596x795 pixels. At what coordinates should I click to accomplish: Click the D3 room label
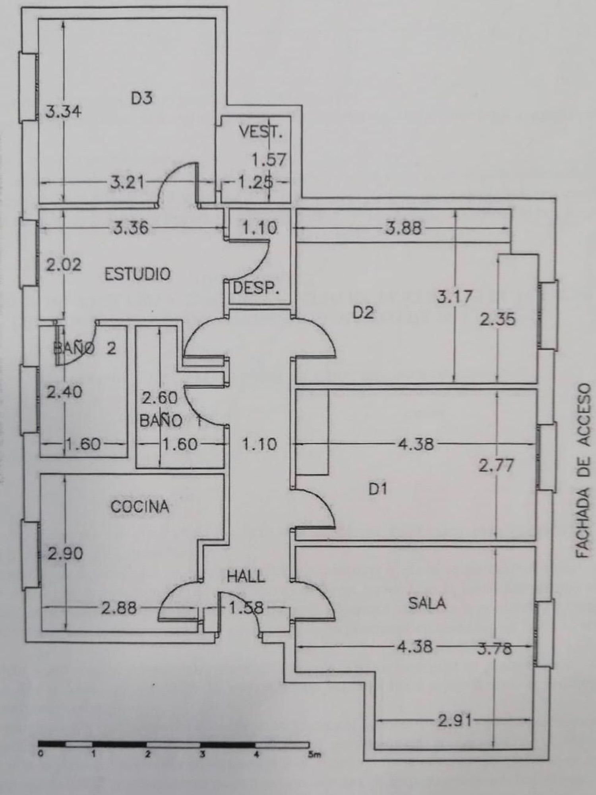(x=141, y=98)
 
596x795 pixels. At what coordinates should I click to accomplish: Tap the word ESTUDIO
(x=137, y=274)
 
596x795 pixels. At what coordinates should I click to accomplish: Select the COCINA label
(x=139, y=507)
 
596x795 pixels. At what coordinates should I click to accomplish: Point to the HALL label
(x=246, y=576)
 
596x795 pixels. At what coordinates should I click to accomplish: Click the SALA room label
(x=427, y=604)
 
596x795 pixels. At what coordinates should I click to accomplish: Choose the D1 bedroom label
(x=377, y=489)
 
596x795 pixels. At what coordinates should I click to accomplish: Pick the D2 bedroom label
(x=363, y=313)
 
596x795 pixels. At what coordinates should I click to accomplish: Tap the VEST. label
(x=261, y=132)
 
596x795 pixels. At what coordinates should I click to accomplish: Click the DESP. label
(x=256, y=288)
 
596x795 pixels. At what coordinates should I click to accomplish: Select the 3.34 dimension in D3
(x=63, y=111)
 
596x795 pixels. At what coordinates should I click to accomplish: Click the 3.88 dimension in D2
(x=403, y=228)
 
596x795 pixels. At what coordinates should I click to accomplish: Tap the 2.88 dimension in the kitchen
(x=119, y=608)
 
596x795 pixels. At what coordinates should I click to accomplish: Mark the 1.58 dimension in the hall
(x=246, y=608)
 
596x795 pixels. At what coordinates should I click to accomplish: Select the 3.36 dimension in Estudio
(x=131, y=228)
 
